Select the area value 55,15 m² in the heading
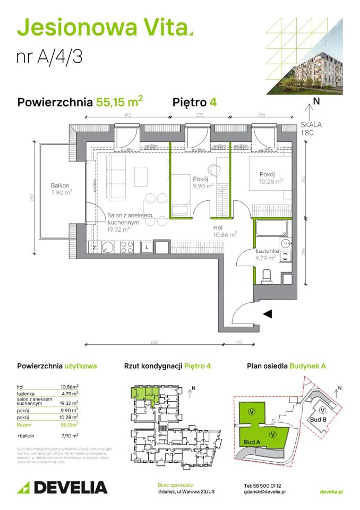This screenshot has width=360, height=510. coord(119,101)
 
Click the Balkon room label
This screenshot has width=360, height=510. coord(60,185)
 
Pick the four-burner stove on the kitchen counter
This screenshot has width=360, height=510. coord(127,247)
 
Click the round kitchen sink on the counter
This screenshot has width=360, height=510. coord(107,247)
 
